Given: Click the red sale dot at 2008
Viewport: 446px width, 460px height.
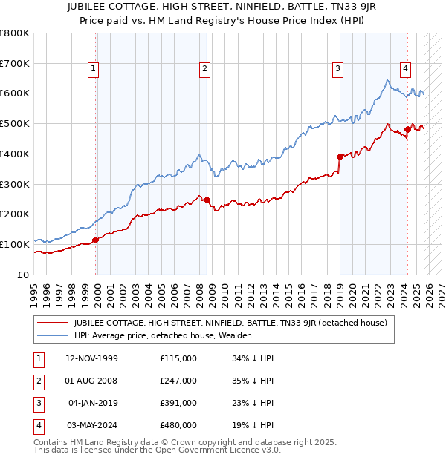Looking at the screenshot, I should [x=207, y=200].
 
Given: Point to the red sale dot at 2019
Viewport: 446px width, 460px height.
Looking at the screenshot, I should [x=340, y=157].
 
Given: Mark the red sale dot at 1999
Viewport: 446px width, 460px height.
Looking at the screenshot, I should [x=96, y=240].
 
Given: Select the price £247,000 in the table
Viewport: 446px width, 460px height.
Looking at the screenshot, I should [x=178, y=381].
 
